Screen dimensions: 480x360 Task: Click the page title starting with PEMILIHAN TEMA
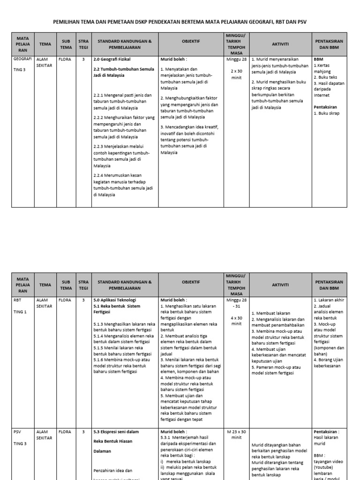180,21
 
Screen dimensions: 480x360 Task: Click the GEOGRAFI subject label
23,60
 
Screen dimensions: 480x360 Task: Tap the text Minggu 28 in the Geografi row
236,60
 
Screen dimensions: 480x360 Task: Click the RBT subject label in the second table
17,299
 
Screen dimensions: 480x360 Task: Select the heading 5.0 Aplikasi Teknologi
115,299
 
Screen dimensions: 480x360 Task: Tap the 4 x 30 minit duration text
236,320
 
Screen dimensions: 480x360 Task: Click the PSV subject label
17,432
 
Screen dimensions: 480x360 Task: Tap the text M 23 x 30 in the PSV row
236,432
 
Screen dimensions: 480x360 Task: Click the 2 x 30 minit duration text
236,74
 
